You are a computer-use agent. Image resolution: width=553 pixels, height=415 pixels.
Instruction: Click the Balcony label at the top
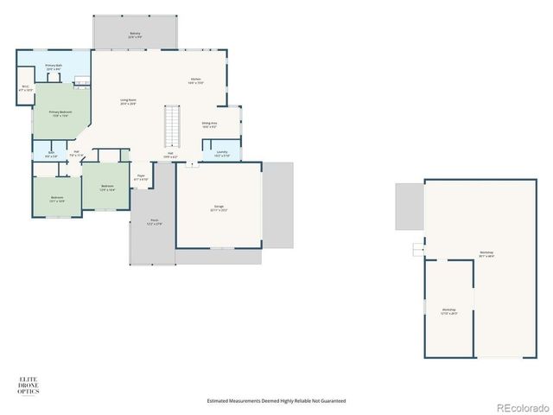pyautogui.click(x=134, y=34)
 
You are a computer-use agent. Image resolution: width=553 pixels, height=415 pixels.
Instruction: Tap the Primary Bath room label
pyautogui.click(x=53, y=67)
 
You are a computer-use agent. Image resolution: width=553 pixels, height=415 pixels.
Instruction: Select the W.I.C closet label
pyautogui.click(x=26, y=87)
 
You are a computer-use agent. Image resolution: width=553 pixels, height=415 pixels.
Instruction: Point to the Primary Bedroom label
pyautogui.click(x=59, y=112)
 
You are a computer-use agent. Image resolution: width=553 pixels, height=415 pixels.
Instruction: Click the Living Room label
pyautogui.click(x=128, y=101)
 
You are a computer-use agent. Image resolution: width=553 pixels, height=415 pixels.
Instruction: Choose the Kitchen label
pyautogui.click(x=196, y=81)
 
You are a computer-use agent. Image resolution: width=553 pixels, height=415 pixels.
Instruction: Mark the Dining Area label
pyautogui.click(x=209, y=124)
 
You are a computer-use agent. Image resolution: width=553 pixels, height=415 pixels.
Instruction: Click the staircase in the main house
pyautogui.click(x=171, y=126)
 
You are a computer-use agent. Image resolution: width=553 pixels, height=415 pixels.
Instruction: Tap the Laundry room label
pyautogui.click(x=221, y=154)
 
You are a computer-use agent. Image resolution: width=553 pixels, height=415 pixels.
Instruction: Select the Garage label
pyautogui.click(x=219, y=207)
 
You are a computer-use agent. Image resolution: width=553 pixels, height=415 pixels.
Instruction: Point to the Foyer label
pyautogui.click(x=140, y=177)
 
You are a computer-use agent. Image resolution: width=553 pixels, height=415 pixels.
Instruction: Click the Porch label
pyautogui.click(x=154, y=221)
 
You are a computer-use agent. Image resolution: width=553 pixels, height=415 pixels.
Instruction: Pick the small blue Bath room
pyautogui.click(x=52, y=155)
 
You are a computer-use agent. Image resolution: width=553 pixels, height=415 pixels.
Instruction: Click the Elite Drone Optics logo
pyautogui.click(x=29, y=385)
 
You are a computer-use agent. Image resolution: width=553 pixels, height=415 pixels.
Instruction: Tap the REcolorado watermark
pyautogui.click(x=520, y=406)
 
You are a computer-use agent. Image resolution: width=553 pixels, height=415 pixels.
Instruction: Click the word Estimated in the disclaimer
pyautogui.click(x=219, y=401)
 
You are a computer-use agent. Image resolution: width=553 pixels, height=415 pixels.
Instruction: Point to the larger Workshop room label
pyautogui.click(x=486, y=254)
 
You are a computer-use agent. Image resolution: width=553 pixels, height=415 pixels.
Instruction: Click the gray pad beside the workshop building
pyautogui.click(x=409, y=207)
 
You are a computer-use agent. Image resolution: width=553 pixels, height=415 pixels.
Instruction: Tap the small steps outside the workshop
pyautogui.click(x=419, y=250)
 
